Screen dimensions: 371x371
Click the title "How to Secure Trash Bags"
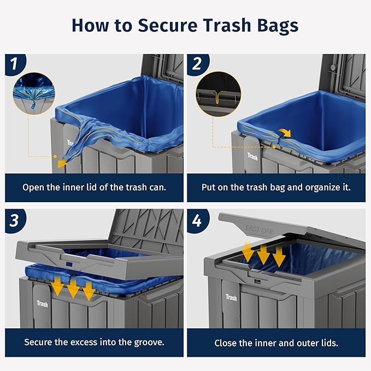(185, 25)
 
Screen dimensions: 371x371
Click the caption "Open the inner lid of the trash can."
(94, 187)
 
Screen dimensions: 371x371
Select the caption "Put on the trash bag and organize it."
(276, 187)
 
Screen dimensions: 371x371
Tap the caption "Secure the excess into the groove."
(94, 343)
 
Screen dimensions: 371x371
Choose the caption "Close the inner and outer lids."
(276, 343)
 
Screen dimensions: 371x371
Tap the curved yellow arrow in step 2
(284, 133)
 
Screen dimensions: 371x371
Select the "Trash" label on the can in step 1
(71, 143)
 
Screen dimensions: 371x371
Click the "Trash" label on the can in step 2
(252, 156)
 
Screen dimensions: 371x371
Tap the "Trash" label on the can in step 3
(43, 303)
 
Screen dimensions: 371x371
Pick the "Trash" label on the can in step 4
(231, 298)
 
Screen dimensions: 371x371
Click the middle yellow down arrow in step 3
(72, 288)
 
